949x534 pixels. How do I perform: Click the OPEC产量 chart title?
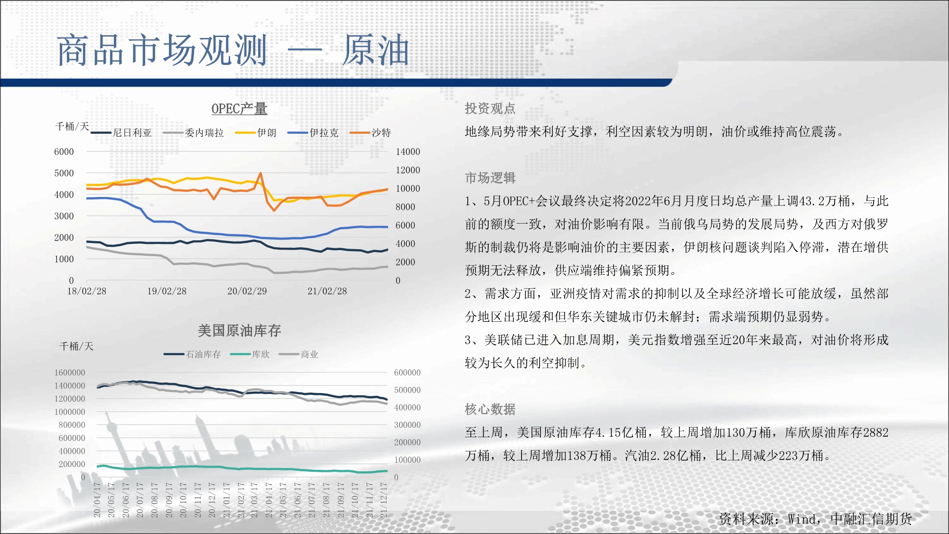tap(239, 109)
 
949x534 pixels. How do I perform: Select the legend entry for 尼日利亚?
tap(121, 133)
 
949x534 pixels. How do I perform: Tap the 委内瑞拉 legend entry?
tap(193, 133)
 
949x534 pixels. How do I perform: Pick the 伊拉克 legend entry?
tap(313, 133)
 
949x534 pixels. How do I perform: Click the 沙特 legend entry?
tap(370, 133)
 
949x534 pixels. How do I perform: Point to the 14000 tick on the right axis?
tap(408, 152)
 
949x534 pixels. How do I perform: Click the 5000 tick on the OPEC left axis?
tap(64, 173)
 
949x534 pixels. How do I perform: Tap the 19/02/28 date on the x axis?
tap(167, 291)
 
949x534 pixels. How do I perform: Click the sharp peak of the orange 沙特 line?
tap(261, 173)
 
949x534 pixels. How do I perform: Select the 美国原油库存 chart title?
tap(239, 330)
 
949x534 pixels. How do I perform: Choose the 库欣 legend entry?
tap(250, 355)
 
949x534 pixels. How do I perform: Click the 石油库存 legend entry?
tap(192, 355)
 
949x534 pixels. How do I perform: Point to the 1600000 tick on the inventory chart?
tap(70, 373)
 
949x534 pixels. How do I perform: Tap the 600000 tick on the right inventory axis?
tap(407, 373)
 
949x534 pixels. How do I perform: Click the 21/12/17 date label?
tap(384, 500)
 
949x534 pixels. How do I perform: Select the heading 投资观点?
tap(490, 109)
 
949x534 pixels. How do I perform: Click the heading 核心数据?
tap(490, 409)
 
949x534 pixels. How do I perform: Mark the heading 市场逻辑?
tap(490, 178)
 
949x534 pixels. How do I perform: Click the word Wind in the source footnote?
tap(802, 519)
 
